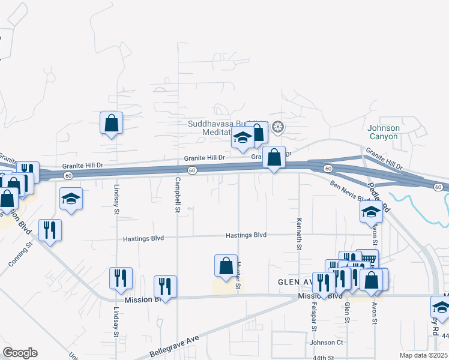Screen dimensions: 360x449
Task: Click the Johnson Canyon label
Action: pyautogui.click(x=384, y=132)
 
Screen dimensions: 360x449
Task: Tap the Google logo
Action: pyautogui.click(x=20, y=352)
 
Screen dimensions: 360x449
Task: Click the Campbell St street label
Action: pyautogui.click(x=178, y=194)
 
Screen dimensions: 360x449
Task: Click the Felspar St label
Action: pyautogui.click(x=313, y=310)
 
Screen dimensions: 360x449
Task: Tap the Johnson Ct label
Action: pyautogui.click(x=326, y=343)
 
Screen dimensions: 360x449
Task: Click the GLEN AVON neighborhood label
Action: pyautogui.click(x=294, y=281)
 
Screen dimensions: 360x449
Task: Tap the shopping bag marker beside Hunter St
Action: pyautogui.click(x=225, y=265)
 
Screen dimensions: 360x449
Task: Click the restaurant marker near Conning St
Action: pyautogui.click(x=50, y=229)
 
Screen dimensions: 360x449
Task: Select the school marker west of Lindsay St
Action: pyautogui.click(x=71, y=198)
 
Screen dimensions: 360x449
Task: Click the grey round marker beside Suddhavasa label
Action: pyautogui.click(x=277, y=127)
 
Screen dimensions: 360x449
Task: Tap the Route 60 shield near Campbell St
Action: pyautogui.click(x=191, y=171)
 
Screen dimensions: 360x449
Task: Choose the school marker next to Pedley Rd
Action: pyautogui.click(x=371, y=211)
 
